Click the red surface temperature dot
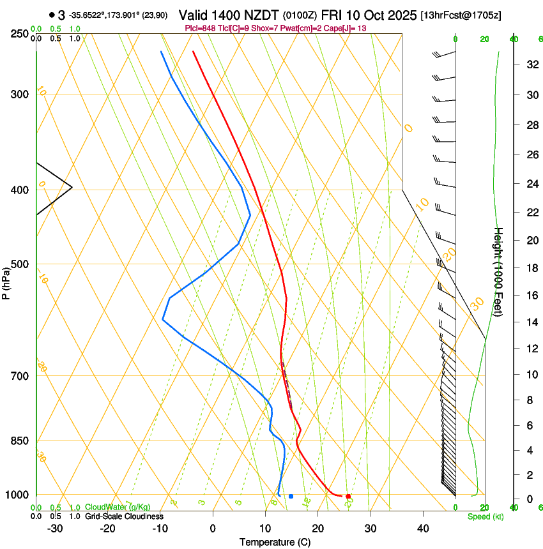point(348,496)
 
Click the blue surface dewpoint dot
point(291,496)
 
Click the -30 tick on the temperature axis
point(55,529)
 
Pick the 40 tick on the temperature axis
point(423,529)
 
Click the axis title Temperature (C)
point(275,542)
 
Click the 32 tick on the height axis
point(530,64)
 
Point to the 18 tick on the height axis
point(530,268)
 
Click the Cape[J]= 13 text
point(348,29)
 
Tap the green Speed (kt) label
point(486,516)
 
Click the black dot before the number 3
point(51,15)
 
